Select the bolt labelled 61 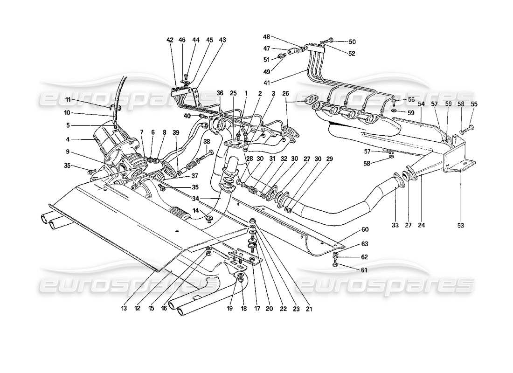pos(336,265)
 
